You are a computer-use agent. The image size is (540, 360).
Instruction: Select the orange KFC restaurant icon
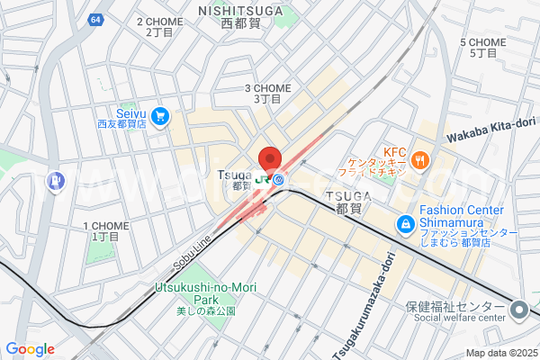coord(419,160)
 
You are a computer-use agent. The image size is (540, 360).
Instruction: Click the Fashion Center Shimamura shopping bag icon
coord(405,222)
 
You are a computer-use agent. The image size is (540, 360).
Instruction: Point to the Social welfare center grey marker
coord(518,310)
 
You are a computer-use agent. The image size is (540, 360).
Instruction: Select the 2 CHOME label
coord(158,22)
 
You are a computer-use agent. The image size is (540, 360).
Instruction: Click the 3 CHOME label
coord(268,88)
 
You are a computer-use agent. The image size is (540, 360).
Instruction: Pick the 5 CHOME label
coord(483,42)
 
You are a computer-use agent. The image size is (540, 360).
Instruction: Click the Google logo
coord(30,349)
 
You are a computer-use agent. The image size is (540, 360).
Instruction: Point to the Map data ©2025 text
coord(500,353)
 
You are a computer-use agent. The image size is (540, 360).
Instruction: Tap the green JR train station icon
coord(265,179)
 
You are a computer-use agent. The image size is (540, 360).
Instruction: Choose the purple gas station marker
coord(58,181)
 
